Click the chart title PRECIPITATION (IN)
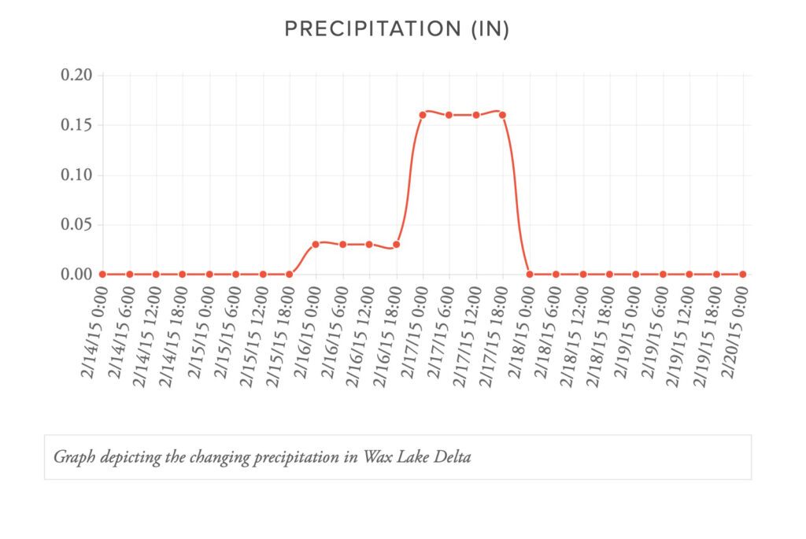pyautogui.click(x=397, y=29)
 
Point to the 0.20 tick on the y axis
pyautogui.click(x=76, y=76)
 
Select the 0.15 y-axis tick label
pyautogui.click(x=76, y=125)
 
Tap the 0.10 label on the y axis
pyautogui.click(x=76, y=175)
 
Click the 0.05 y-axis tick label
pyautogui.click(x=76, y=225)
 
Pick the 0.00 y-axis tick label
pyautogui.click(x=76, y=275)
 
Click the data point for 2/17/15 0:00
pyautogui.click(x=423, y=115)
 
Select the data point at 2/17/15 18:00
pyautogui.click(x=502, y=115)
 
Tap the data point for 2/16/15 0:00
pyautogui.click(x=316, y=244)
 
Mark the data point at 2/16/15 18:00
pyautogui.click(x=396, y=244)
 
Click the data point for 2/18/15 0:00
pyautogui.click(x=529, y=274)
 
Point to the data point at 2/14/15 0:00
pyautogui.click(x=102, y=274)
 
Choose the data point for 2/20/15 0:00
pyautogui.click(x=742, y=274)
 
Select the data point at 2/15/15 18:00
pyautogui.click(x=290, y=274)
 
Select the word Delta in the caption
pyautogui.click(x=451, y=457)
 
